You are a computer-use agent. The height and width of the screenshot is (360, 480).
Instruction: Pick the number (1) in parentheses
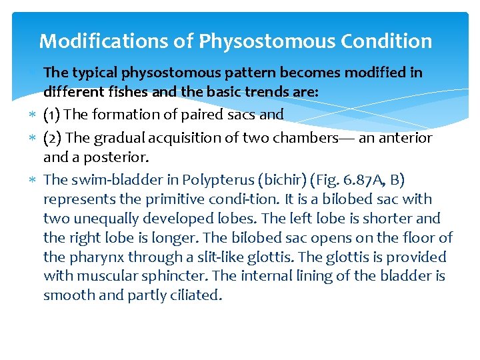click(x=53, y=115)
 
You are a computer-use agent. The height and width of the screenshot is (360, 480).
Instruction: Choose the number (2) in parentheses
click(x=53, y=138)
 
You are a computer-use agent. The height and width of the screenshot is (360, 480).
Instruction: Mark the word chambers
click(x=319, y=138)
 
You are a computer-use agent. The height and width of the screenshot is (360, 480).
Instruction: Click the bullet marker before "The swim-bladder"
click(x=36, y=179)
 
